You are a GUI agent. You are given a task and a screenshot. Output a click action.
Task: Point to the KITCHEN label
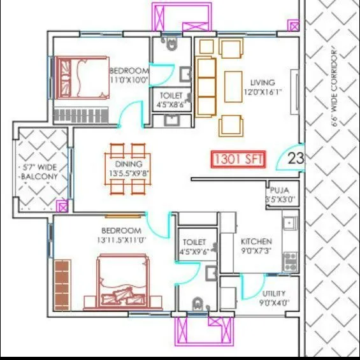(x=256, y=241)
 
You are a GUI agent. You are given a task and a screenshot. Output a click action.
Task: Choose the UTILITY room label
(x=274, y=294)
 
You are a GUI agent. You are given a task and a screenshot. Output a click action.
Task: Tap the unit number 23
(x=295, y=159)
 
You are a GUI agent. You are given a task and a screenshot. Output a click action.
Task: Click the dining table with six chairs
(x=129, y=168)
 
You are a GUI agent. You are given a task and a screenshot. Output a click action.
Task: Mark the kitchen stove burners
(x=289, y=259)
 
